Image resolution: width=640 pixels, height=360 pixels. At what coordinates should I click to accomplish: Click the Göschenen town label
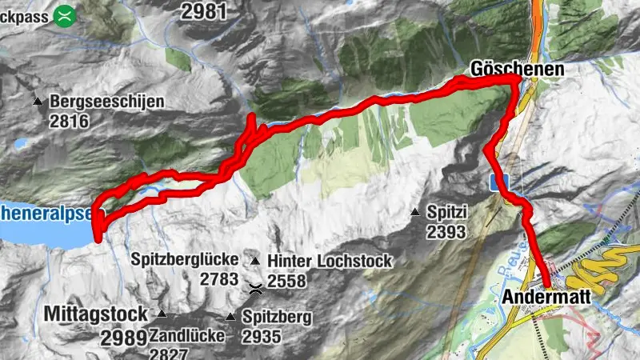pyautogui.click(x=517, y=70)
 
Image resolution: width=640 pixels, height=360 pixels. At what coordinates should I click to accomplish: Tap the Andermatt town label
pyautogui.click(x=547, y=298)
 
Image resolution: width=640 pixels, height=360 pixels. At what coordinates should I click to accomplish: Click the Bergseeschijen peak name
pyautogui.click(x=106, y=102)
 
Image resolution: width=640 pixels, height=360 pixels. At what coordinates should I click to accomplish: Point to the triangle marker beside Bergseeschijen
pyautogui.click(x=38, y=102)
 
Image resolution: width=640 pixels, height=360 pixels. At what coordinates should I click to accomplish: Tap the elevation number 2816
pyautogui.click(x=68, y=121)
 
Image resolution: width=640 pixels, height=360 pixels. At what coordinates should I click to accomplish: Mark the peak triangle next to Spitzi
pyautogui.click(x=415, y=212)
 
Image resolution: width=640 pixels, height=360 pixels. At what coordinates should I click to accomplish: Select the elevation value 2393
pyautogui.click(x=446, y=232)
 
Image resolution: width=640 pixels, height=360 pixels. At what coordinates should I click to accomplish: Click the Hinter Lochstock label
pyautogui.click(x=330, y=261)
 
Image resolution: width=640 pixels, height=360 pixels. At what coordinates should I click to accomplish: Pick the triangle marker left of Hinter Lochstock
pyautogui.click(x=255, y=261)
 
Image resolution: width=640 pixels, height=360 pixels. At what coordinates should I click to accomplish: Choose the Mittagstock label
pyautogui.click(x=97, y=313)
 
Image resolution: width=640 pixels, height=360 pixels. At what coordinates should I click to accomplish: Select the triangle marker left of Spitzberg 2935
pyautogui.click(x=231, y=317)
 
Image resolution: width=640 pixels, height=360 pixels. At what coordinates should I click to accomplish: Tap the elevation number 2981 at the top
pyautogui.click(x=204, y=10)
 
